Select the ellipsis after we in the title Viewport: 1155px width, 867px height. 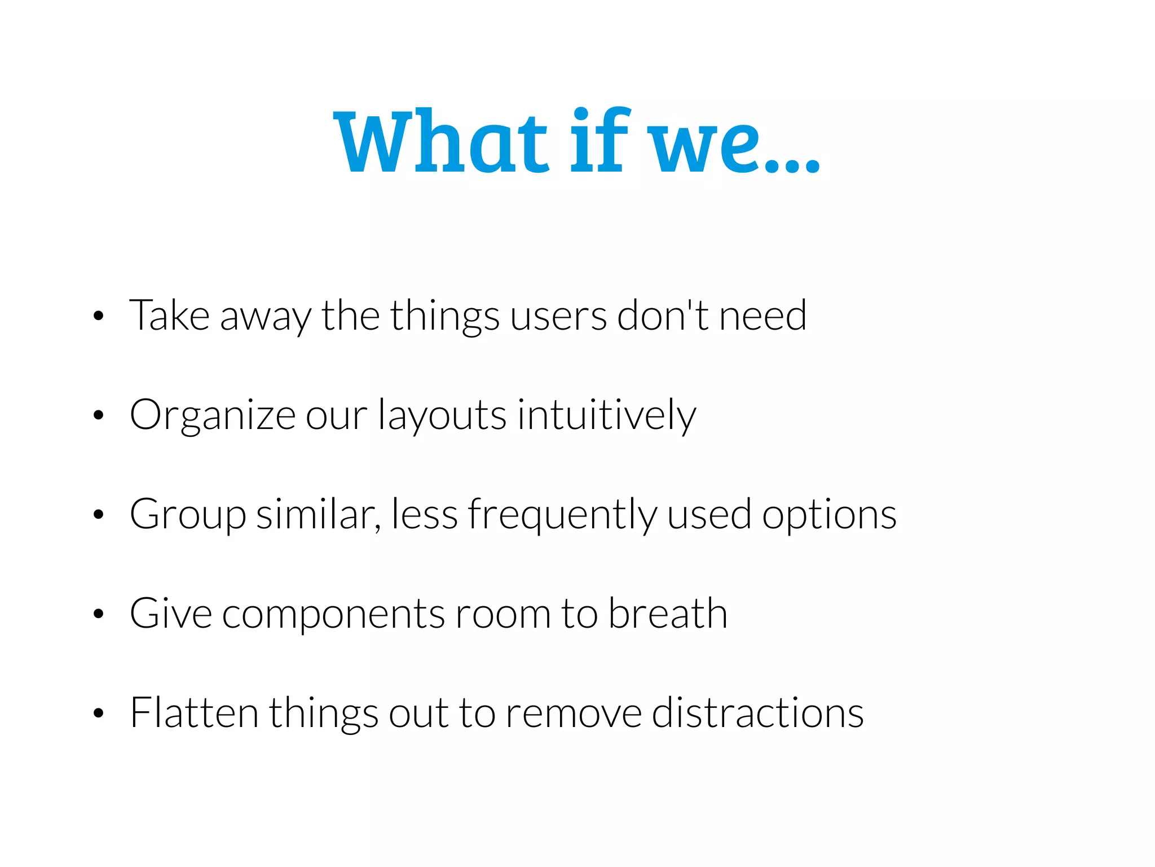[792, 164]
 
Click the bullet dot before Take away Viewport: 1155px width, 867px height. [99, 316]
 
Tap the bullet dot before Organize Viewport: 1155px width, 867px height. [99, 415]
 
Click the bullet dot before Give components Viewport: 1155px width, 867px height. [99, 614]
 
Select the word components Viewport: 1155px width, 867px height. [333, 615]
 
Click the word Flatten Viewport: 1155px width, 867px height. [194, 713]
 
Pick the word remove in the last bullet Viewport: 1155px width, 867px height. [574, 713]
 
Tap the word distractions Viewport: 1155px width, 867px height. [758, 713]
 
